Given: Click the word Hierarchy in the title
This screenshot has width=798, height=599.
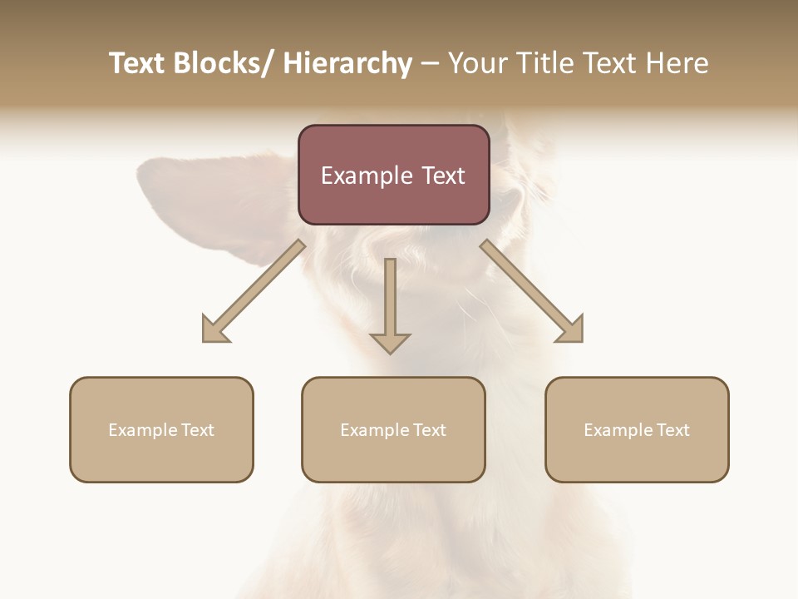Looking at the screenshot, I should (x=347, y=63).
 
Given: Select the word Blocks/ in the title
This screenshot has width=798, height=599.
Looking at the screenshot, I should (x=225, y=63).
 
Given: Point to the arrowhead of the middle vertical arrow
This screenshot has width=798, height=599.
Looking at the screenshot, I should (x=390, y=342).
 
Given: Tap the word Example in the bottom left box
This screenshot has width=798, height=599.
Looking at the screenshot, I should (x=142, y=430).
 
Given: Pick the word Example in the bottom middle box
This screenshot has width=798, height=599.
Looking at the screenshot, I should (x=374, y=430).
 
